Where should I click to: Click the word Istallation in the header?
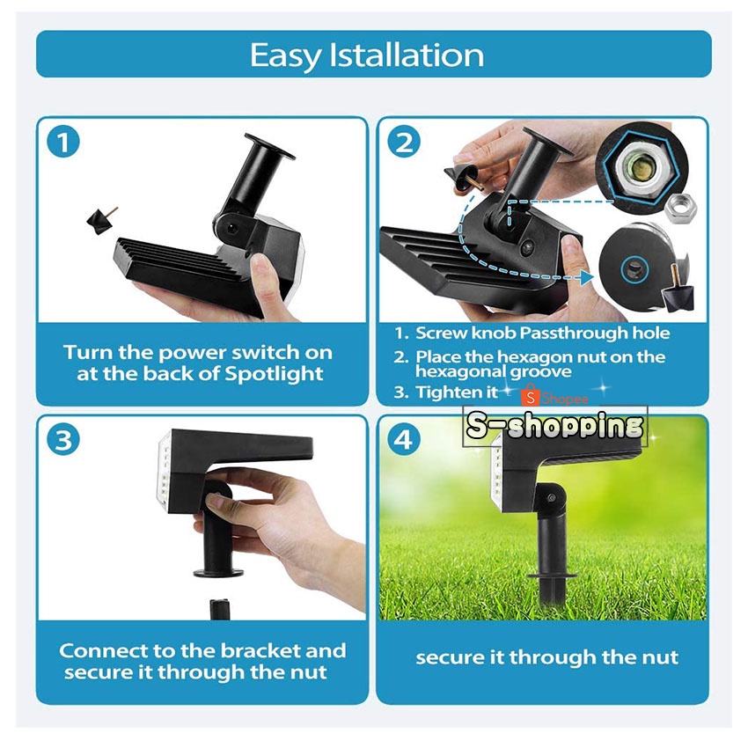407,55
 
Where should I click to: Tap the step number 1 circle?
63,142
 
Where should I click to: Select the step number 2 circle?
404,143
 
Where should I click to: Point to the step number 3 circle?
63,440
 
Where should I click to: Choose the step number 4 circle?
404,440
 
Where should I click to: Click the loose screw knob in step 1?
101,219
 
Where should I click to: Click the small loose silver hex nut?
681,208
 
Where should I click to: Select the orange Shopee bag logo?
530,395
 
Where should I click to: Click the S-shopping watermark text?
554,426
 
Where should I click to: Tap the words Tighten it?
457,392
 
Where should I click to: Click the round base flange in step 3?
218,571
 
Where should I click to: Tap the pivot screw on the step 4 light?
552,498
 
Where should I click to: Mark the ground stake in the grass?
553,597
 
